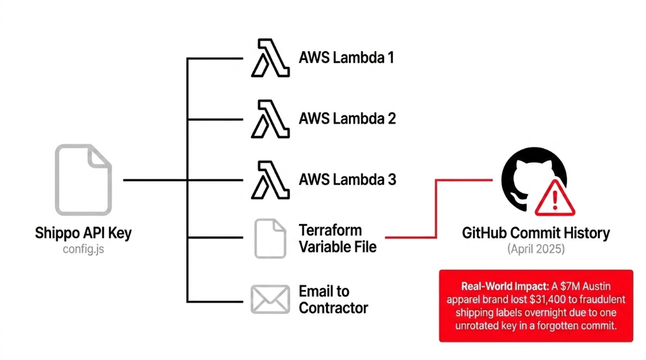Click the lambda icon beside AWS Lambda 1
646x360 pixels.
click(270, 58)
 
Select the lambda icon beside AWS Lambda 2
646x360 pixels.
click(270, 119)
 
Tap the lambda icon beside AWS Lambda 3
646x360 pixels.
click(270, 180)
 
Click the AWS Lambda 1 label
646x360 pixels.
click(346, 58)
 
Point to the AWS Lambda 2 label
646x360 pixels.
click(347, 119)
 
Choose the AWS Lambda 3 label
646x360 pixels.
click(347, 180)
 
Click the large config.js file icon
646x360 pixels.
click(83, 180)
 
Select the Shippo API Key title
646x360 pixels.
click(83, 233)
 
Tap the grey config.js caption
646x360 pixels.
click(83, 249)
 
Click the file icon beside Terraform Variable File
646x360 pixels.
click(270, 238)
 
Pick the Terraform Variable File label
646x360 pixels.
click(338, 238)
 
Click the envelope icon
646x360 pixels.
click(270, 299)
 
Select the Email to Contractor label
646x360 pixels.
click(333, 299)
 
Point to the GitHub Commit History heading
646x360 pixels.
click(536, 233)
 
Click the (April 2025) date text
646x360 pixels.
click(536, 249)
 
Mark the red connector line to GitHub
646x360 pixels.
click(436, 208)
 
